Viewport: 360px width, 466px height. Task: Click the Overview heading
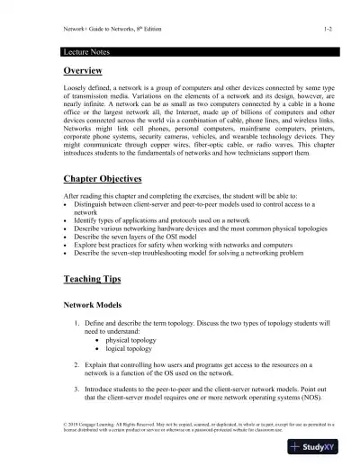(71, 70)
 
